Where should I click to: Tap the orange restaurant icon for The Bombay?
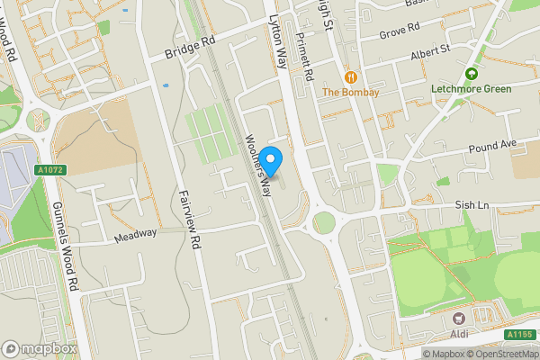(x=350, y=76)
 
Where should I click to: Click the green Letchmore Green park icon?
(x=471, y=74)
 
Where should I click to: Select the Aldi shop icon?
(x=459, y=319)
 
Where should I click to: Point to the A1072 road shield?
(x=49, y=169)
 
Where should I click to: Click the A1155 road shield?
(x=518, y=335)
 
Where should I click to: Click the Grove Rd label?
(x=400, y=29)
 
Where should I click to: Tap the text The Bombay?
(x=350, y=93)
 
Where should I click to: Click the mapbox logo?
(x=40, y=348)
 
